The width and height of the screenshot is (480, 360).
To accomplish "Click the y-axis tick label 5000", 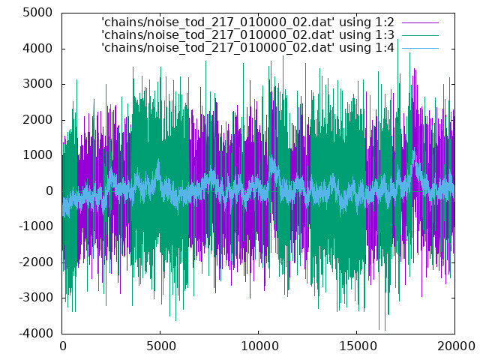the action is [x=37, y=13].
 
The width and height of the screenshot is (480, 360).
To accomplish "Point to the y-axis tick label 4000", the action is [x=37, y=48].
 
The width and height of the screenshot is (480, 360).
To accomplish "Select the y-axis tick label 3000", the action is [x=37, y=84].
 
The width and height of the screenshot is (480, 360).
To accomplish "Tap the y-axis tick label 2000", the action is [x=37, y=120].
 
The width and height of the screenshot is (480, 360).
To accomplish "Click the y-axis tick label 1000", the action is [x=37, y=155].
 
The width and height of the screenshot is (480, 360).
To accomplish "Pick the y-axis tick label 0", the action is [x=49, y=191].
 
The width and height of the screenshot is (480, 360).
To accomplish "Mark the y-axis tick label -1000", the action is [x=36, y=226].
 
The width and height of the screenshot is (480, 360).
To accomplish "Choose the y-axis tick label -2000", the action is [x=36, y=262].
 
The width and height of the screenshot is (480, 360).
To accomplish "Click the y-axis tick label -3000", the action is [x=36, y=298].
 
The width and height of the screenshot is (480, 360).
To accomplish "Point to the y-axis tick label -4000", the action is [x=36, y=333].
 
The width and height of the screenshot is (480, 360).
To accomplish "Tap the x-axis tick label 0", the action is [x=63, y=346].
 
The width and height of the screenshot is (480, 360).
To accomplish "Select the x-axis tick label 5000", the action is [x=160, y=346].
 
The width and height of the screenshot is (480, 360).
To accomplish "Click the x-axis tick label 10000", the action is [x=259, y=346].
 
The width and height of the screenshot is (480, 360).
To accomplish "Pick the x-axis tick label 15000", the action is [x=358, y=346].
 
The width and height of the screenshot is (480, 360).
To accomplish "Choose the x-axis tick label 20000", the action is [x=456, y=346].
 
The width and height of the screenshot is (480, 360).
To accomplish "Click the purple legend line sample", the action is [x=420, y=22].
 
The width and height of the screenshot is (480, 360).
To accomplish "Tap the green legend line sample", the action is [x=420, y=35].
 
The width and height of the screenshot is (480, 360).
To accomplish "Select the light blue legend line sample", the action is [x=420, y=48].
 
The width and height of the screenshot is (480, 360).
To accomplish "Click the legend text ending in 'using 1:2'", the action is [x=247, y=22].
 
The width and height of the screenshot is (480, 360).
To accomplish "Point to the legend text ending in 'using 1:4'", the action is [x=247, y=48].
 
